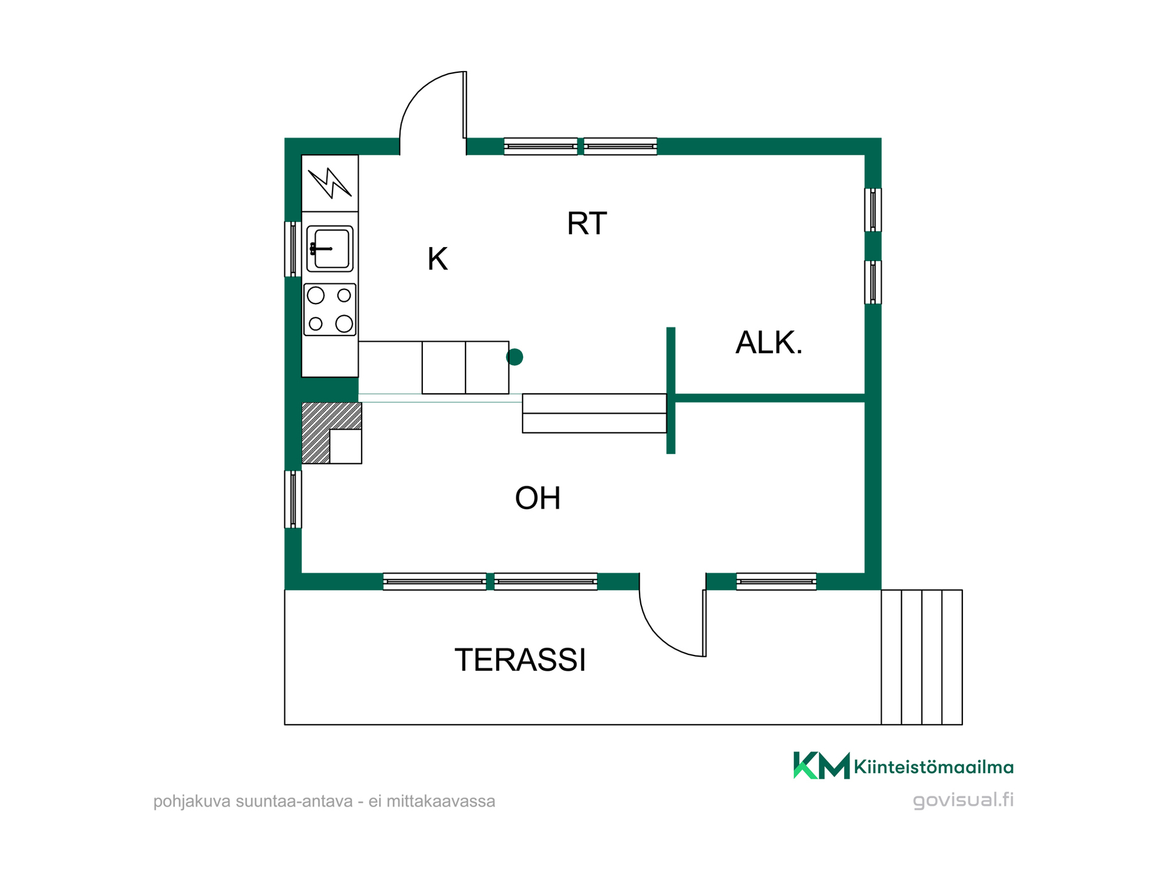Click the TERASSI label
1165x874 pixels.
pyautogui.click(x=520, y=660)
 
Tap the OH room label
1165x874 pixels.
pyautogui.click(x=538, y=498)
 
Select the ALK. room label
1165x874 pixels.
pyautogui.click(x=769, y=342)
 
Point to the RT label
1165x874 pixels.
pyautogui.click(x=587, y=223)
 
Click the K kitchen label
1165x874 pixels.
pyautogui.click(x=437, y=259)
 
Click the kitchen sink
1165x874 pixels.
pyautogui.click(x=329, y=248)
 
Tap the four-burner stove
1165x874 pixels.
pyautogui.click(x=329, y=310)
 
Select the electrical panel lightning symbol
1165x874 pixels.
pyautogui.click(x=329, y=183)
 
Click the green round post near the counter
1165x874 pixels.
pyautogui.click(x=515, y=357)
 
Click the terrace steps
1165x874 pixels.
pyautogui.click(x=922, y=657)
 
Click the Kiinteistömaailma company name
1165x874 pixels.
pyautogui.click(x=934, y=767)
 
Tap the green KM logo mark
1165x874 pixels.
pyautogui.click(x=822, y=765)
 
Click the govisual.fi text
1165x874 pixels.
pyautogui.click(x=964, y=800)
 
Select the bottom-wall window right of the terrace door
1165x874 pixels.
pyautogui.click(x=776, y=581)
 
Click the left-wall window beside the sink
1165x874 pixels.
pyautogui.click(x=293, y=249)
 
